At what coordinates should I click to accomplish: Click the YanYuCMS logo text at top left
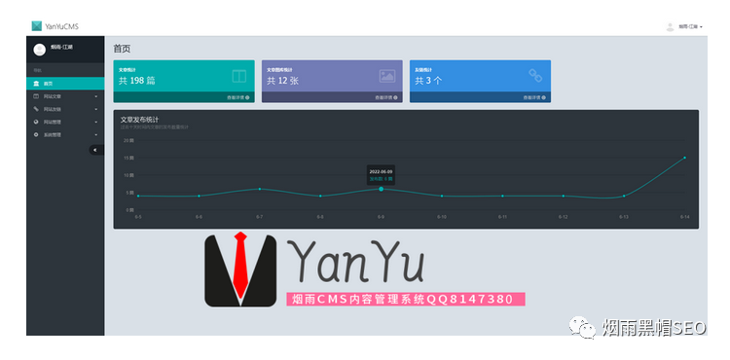point(60,26)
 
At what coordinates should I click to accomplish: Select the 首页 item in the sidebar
point(48,84)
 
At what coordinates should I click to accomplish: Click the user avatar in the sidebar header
point(39,50)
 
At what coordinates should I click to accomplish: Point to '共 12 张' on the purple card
point(284,81)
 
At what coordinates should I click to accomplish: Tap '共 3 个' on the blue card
point(429,81)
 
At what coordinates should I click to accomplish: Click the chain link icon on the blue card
point(534,75)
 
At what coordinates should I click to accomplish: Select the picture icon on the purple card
point(386,75)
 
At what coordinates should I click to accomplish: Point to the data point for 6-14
point(684,157)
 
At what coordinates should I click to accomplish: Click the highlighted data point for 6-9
point(381,189)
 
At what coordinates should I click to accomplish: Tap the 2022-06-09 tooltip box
point(381,175)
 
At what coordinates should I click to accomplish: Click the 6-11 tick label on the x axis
point(502,216)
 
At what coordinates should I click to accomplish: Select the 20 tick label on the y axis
point(128,140)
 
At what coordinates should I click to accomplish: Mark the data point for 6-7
point(259,189)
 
